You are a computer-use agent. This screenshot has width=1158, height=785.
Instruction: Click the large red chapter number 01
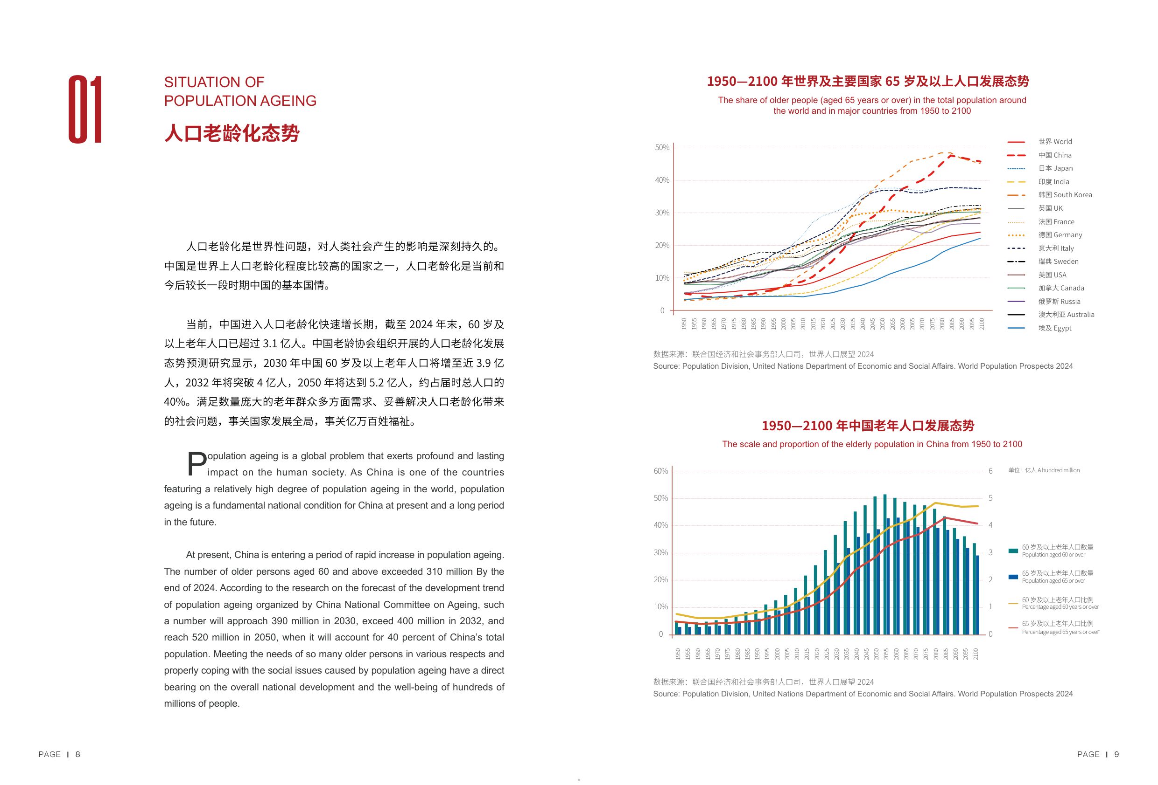(x=85, y=110)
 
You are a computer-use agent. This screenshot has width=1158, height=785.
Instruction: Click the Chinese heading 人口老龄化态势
(x=232, y=133)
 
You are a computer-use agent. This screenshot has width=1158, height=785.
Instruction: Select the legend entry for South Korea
(x=1065, y=195)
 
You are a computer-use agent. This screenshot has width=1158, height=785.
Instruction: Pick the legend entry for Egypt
(x=1054, y=328)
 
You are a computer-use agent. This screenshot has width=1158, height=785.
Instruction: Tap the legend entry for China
(x=1054, y=155)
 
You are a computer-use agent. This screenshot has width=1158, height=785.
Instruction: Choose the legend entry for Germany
(x=1060, y=235)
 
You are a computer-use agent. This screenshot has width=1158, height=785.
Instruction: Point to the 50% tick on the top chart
(x=662, y=148)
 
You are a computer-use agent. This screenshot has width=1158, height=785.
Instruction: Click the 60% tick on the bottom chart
(x=660, y=471)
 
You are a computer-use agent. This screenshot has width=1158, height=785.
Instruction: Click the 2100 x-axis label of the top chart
(x=982, y=324)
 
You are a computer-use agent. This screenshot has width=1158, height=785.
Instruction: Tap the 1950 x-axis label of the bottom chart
(x=678, y=654)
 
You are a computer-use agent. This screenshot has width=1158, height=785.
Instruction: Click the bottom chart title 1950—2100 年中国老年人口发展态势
(x=868, y=426)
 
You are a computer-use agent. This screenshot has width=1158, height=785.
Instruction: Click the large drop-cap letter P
(x=197, y=463)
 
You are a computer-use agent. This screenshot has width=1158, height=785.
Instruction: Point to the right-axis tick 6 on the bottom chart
(x=990, y=471)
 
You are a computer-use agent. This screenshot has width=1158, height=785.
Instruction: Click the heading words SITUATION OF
(x=214, y=82)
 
